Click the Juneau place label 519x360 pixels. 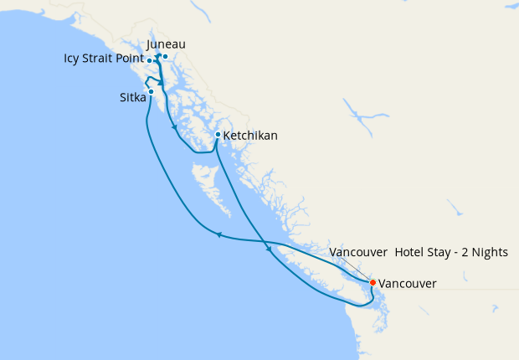166,44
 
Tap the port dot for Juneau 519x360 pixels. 166,57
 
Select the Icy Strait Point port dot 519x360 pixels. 149,61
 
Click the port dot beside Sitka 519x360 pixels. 151,91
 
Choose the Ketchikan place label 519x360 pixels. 251,135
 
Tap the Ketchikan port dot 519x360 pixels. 218,134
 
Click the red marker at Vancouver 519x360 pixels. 373,282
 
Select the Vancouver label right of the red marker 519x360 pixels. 408,284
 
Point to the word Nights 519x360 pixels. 489,252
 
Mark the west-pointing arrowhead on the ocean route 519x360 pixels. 218,235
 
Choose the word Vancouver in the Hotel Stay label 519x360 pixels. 358,252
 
